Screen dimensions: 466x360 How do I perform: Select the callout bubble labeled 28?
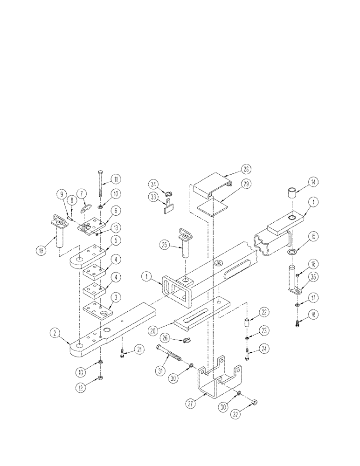click(245, 169)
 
